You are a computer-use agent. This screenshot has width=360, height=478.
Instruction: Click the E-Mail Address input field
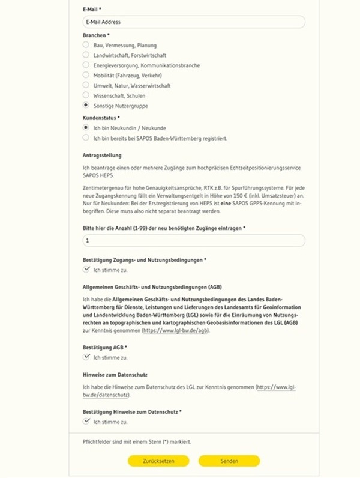click(x=193, y=22)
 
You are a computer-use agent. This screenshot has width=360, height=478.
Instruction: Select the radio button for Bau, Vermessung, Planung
click(x=86, y=45)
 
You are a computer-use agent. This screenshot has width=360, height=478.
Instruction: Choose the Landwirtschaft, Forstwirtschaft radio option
click(x=86, y=55)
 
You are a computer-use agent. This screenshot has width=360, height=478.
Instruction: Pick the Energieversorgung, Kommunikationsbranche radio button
click(x=86, y=65)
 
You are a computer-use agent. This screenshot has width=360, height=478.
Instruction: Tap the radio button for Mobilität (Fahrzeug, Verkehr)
click(x=86, y=75)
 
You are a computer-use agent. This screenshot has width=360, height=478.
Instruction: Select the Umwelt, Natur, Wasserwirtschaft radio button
click(x=86, y=85)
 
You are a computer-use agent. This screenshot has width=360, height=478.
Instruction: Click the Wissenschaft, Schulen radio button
click(x=86, y=95)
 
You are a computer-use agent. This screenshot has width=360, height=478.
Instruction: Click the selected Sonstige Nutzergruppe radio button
click(x=86, y=106)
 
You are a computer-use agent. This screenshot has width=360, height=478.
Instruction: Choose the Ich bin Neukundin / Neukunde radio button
click(x=86, y=128)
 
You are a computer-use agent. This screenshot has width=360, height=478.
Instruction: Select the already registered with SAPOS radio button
click(x=86, y=138)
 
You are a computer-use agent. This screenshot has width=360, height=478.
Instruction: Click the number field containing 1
click(x=193, y=240)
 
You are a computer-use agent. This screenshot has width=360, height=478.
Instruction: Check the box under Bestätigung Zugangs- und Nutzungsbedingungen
click(x=86, y=270)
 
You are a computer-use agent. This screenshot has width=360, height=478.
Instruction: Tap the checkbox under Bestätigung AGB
click(x=86, y=357)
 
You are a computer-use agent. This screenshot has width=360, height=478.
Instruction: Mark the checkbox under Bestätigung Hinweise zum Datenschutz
click(x=86, y=422)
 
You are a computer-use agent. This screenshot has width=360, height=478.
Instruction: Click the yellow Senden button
click(x=229, y=461)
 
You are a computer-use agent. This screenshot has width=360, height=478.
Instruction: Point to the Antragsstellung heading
click(x=102, y=156)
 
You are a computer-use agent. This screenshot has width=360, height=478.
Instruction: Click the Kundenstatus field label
click(x=101, y=118)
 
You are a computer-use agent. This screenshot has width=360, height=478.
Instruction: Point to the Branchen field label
click(x=96, y=35)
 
